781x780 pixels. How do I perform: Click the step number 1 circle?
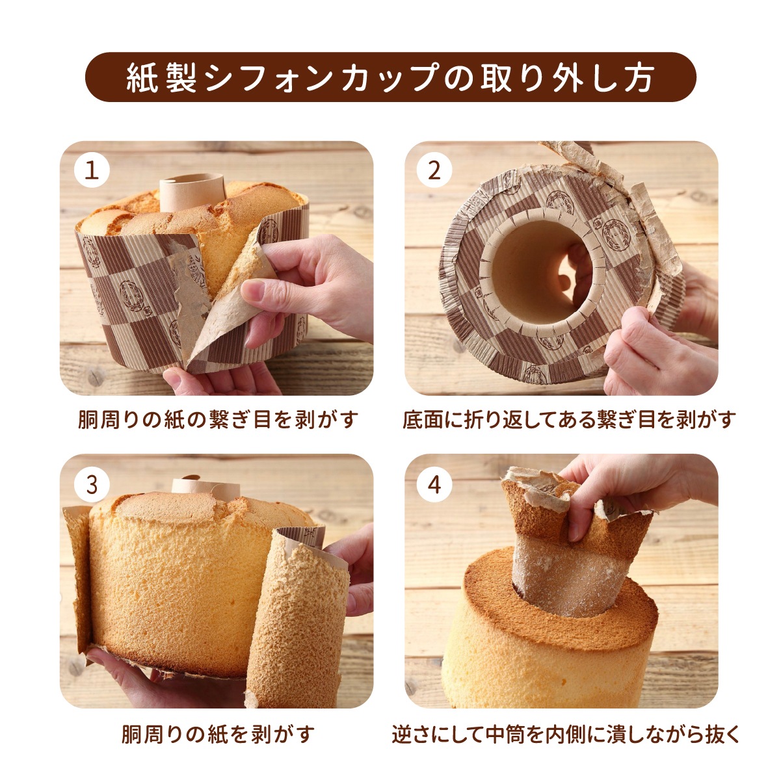(x=92, y=171)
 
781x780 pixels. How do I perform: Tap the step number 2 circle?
(x=434, y=171)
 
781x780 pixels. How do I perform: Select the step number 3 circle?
(x=92, y=484)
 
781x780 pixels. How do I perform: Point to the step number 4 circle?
(x=434, y=484)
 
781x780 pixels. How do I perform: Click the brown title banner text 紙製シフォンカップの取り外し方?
(x=390, y=77)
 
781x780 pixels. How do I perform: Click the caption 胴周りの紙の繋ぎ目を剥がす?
(x=218, y=419)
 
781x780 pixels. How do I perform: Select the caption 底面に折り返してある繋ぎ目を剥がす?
(x=568, y=419)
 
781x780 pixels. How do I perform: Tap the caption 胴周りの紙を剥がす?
(x=218, y=734)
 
